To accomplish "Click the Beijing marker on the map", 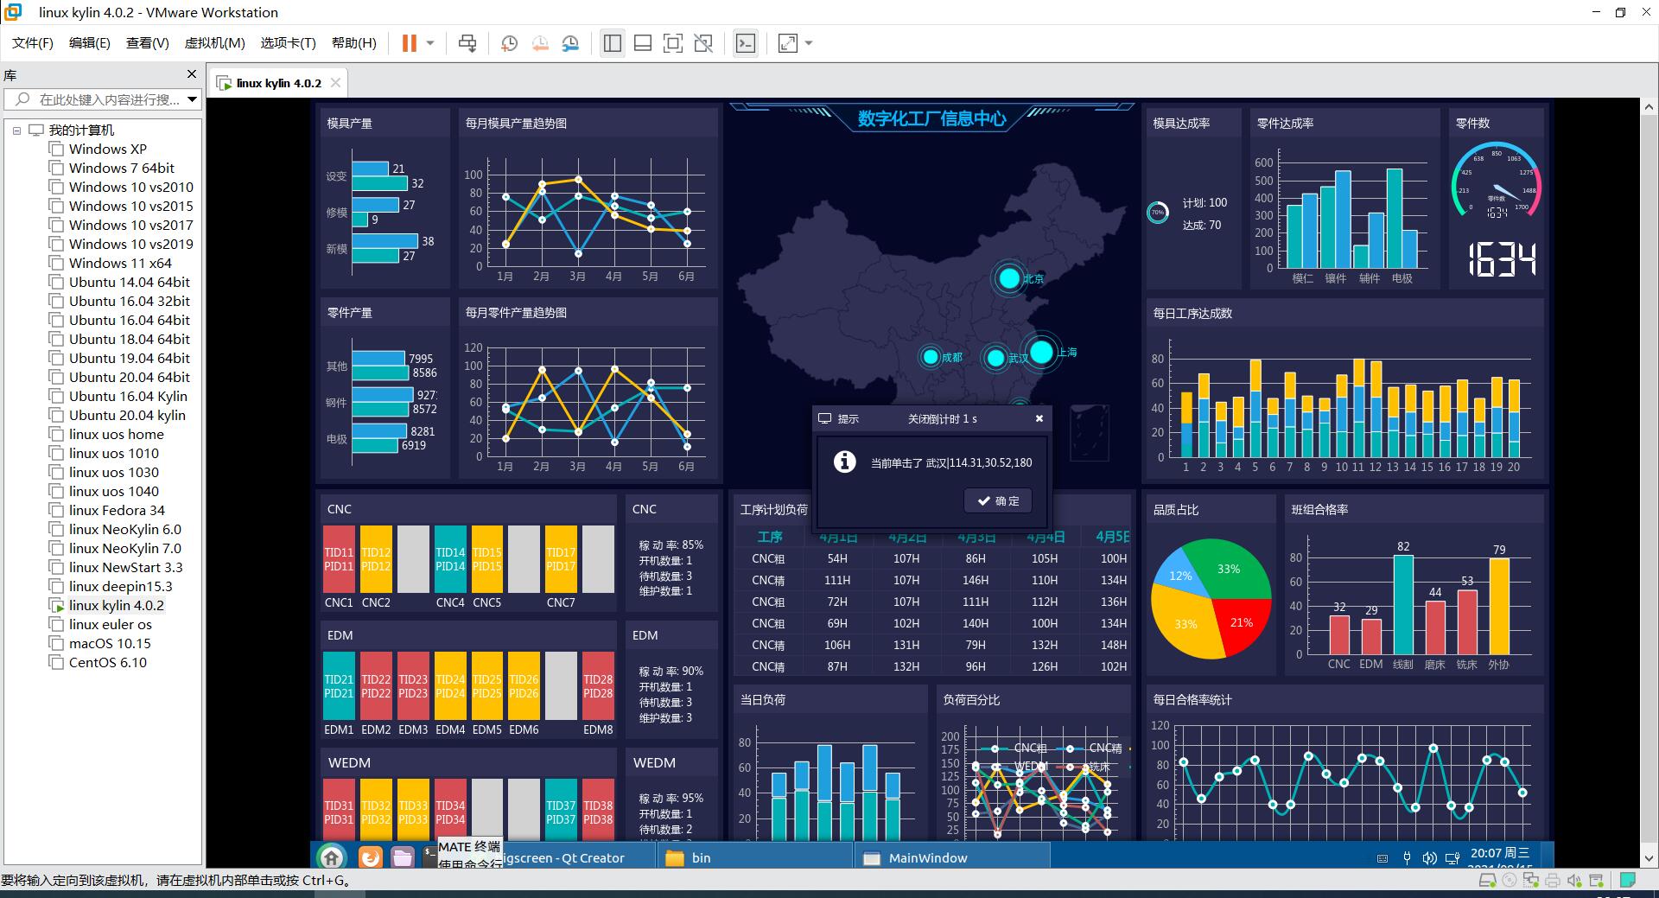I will pos(1009,278).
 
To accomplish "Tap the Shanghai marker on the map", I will pos(1042,352).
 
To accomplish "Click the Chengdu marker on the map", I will pos(931,357).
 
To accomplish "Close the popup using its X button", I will pos(1039,418).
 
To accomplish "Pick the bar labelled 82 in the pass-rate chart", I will pos(1403,605).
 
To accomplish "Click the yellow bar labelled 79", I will pos(1499,607).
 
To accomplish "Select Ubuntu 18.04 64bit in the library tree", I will pos(130,339).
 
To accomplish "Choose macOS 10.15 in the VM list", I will pos(110,643).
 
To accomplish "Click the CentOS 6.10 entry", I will pos(108,662).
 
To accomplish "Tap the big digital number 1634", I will pos(1502,259).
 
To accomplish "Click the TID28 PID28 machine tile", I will pos(598,686).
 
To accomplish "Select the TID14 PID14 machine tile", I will pos(450,559).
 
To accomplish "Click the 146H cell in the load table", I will pos(976,580).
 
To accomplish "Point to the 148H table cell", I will pos(1113,645).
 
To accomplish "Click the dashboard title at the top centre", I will pos(931,119).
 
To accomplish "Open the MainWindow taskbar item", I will pos(927,858).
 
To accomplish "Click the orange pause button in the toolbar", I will pos(410,43).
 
